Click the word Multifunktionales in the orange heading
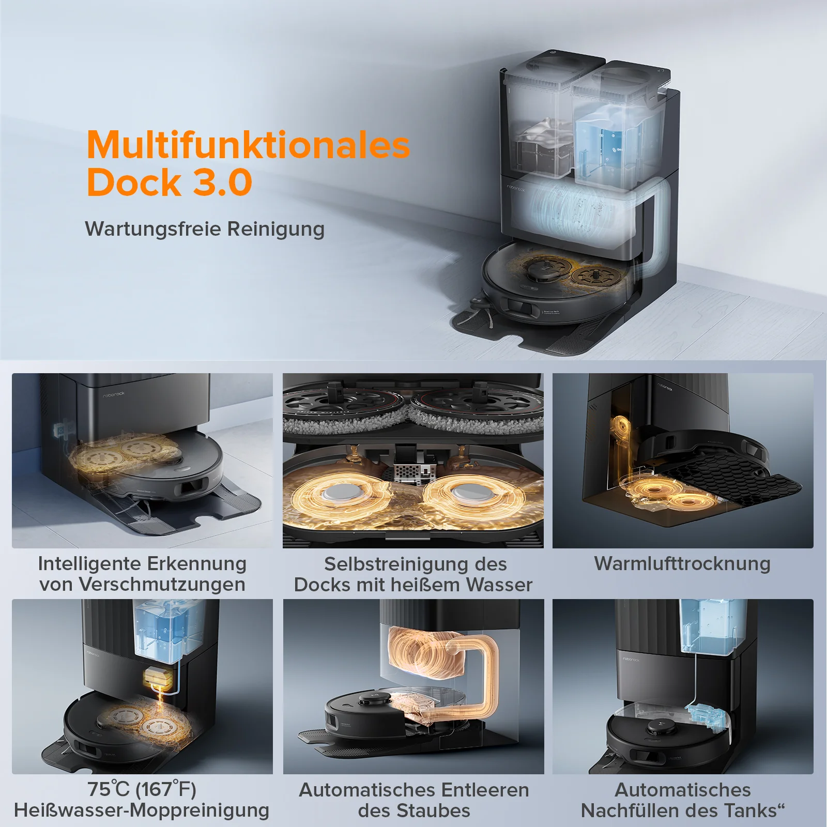point(248,145)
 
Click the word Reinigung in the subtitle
point(276,229)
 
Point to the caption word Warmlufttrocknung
point(682,563)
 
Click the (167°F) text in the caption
point(166,789)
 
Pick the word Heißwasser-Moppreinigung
point(142,810)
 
